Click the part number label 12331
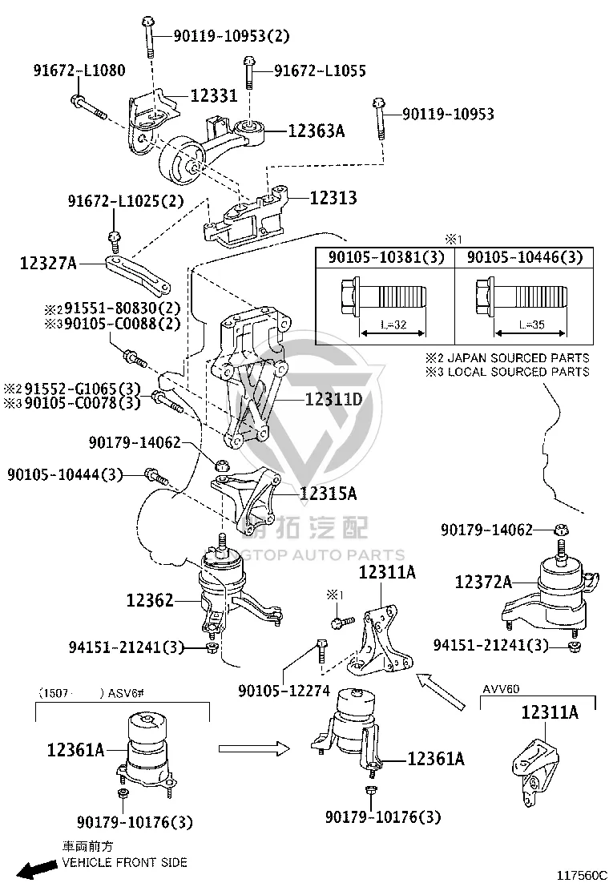tap(214, 95)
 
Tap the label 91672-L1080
tap(79, 71)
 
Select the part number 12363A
tap(317, 131)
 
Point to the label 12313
tap(333, 198)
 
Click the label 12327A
tap(48, 263)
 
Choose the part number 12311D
tap(333, 400)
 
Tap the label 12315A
tap(329, 494)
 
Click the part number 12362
tap(150, 600)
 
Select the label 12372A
tap(483, 582)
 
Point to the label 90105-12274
tap(284, 691)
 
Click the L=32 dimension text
tap(393, 325)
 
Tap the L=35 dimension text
tap(532, 325)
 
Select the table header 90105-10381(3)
tap(386, 257)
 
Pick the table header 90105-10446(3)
tap(525, 257)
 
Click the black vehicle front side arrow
tap(36, 869)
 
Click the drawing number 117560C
tap(581, 875)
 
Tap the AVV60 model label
tap(501, 689)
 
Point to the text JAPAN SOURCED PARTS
tap(518, 358)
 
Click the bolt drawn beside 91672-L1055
tap(249, 72)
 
